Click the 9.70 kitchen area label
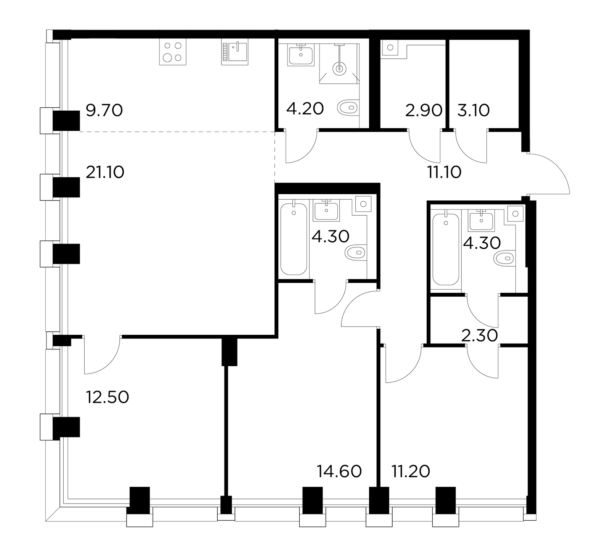pyautogui.click(x=104, y=110)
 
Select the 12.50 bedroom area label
pyautogui.click(x=108, y=397)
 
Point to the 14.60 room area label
pyautogui.click(x=339, y=471)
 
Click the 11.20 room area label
pyautogui.click(x=411, y=471)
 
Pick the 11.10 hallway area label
pyautogui.click(x=444, y=172)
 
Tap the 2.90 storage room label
pyautogui.click(x=424, y=110)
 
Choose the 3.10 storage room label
pyautogui.click(x=474, y=110)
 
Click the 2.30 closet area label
pyautogui.click(x=480, y=336)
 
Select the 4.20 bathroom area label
pyautogui.click(x=305, y=109)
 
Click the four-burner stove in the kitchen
pyautogui.click(x=173, y=52)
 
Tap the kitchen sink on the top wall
pyautogui.click(x=235, y=52)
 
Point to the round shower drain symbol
pyautogui.click(x=339, y=69)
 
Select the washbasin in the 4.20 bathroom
pyautogui.click(x=301, y=55)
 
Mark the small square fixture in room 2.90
pyautogui.click(x=390, y=48)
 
